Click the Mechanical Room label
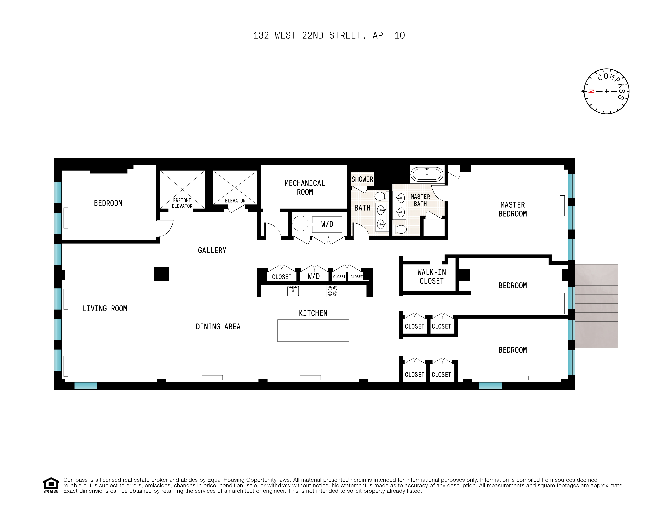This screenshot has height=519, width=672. [305, 188]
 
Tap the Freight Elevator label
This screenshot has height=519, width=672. [182, 203]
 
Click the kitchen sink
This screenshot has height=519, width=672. [293, 291]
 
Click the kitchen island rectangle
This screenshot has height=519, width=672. [313, 330]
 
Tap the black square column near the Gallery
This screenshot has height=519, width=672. [162, 274]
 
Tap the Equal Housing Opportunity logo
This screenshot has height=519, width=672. [51, 485]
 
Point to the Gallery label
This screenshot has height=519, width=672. [212, 250]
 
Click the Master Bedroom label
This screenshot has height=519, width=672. [513, 209]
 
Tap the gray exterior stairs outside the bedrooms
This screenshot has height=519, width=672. [596, 306]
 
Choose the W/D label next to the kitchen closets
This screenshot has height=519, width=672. [313, 276]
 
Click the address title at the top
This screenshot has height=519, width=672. [329, 36]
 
